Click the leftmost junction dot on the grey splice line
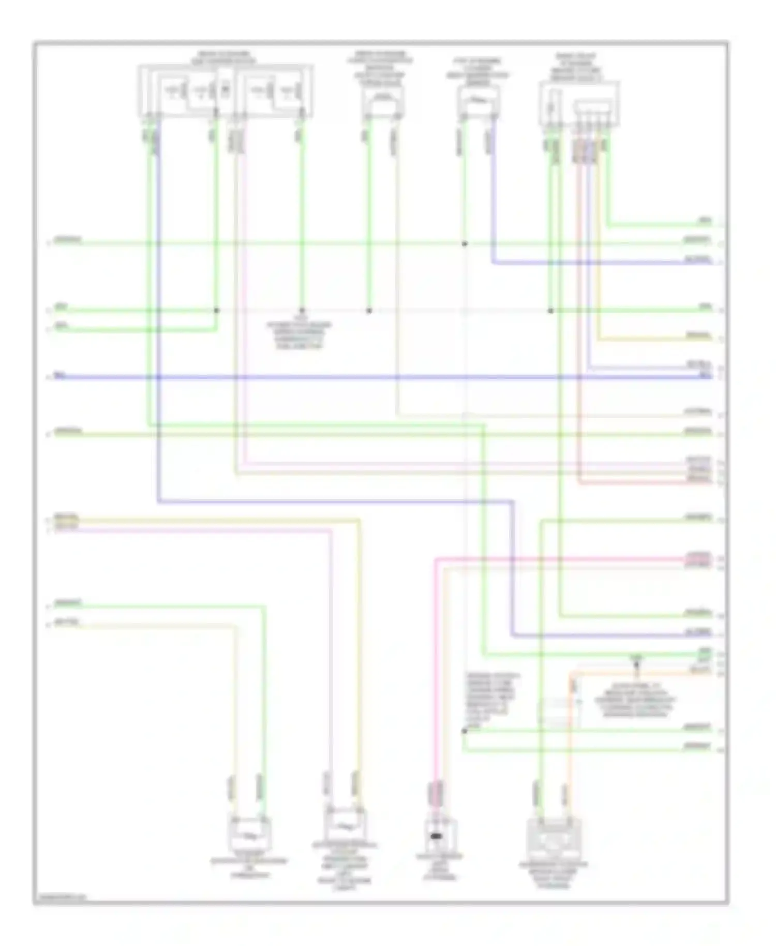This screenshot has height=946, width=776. (217, 311)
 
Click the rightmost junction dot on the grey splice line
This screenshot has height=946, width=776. (550, 311)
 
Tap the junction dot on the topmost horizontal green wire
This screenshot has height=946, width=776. (465, 243)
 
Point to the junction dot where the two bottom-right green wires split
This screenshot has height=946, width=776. (464, 731)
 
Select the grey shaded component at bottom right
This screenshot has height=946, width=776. (554, 838)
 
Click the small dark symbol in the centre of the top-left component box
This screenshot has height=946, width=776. (225, 89)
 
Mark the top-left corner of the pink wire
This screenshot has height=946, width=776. (436, 559)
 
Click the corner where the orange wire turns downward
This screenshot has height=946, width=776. (571, 674)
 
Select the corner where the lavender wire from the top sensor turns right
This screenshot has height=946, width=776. (493, 263)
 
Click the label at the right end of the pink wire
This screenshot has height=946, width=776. (698, 556)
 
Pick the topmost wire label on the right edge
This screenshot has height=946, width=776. (705, 220)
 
